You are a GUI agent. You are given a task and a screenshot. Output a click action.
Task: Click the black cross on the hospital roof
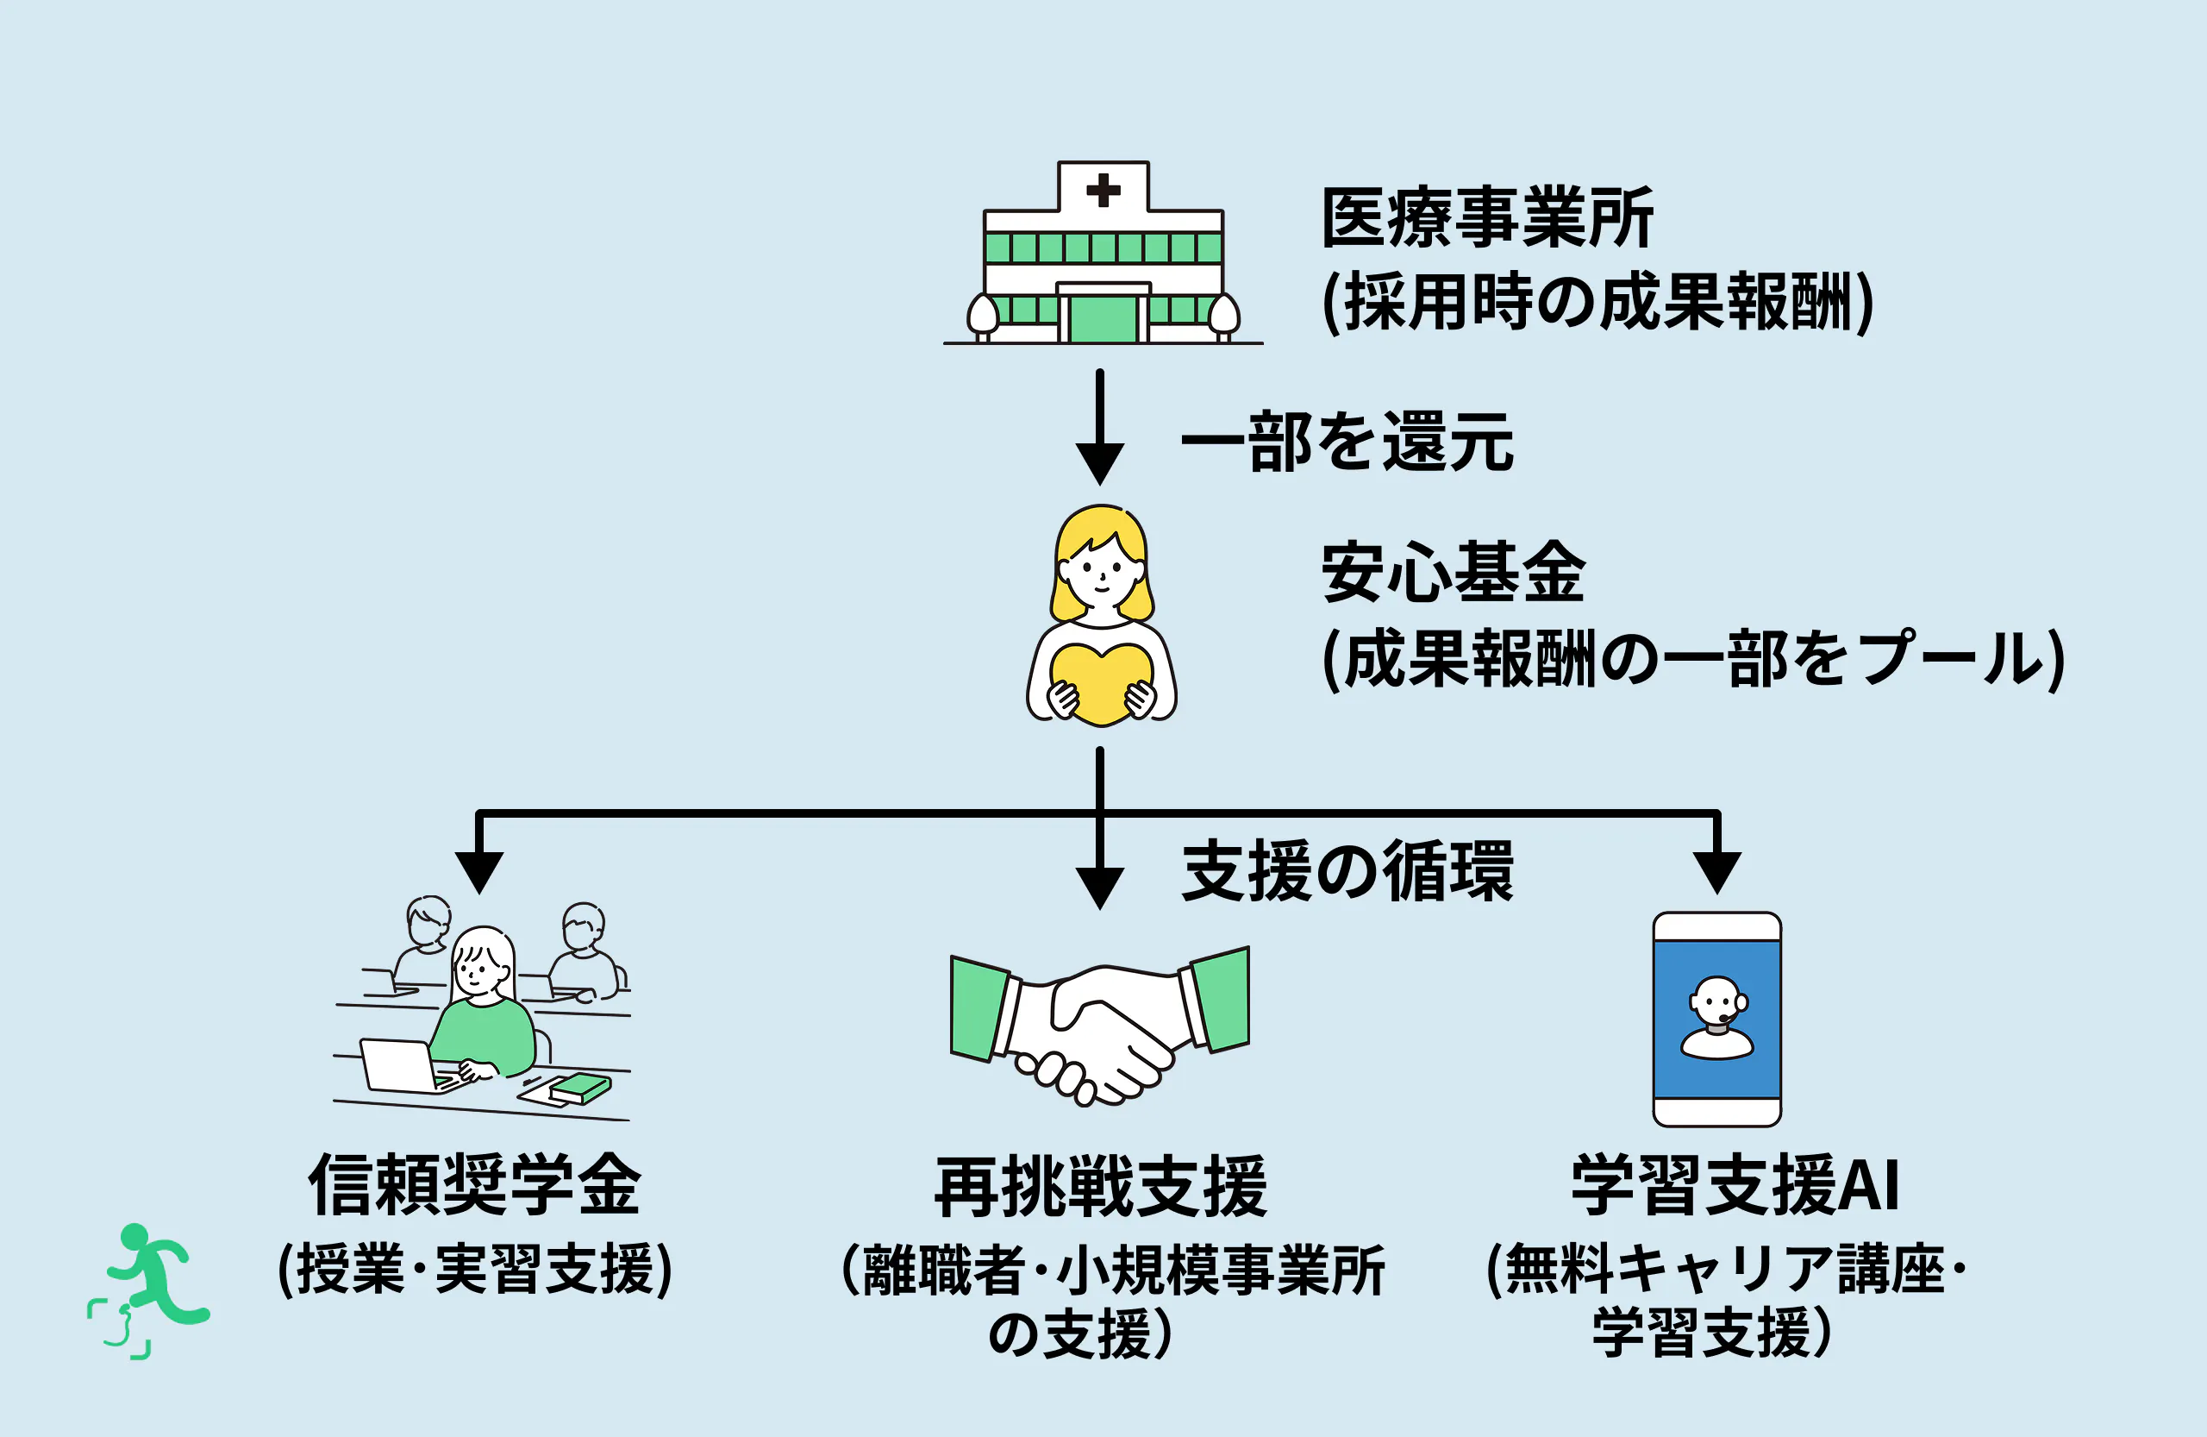coord(1103,190)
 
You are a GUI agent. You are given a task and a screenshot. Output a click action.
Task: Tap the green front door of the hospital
coord(1103,319)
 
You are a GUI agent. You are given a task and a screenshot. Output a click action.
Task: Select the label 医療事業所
coord(1487,218)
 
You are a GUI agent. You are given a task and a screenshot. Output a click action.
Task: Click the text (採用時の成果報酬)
coord(1597,303)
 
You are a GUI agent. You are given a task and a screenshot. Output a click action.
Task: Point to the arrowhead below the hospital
coord(1100,463)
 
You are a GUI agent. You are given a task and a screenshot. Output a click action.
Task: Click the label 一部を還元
coord(1347,442)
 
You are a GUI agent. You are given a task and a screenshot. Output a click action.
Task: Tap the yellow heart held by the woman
coord(1101,683)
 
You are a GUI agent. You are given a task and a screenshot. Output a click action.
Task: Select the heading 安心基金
coord(1454,573)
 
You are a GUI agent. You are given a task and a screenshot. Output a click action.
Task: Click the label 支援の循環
coord(1347,871)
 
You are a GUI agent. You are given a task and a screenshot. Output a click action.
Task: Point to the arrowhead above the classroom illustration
coord(479,871)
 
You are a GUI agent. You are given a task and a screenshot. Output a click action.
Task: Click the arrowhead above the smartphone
coord(1716,871)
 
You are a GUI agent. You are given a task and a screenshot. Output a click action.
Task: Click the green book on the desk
coord(580,1089)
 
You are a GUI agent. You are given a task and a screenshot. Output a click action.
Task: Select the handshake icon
coord(1100,1025)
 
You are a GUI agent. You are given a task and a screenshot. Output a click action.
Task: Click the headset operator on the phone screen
coord(1716,1018)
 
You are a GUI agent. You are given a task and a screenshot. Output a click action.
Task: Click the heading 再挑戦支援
coord(1101,1187)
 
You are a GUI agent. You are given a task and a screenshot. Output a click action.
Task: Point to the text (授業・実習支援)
coord(475,1268)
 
